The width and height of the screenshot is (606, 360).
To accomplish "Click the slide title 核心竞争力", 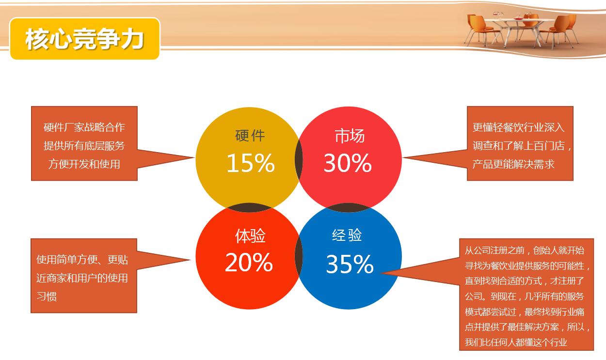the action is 84,39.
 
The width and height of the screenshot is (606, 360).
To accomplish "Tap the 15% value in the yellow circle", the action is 251,163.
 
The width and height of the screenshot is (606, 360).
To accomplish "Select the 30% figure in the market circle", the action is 348,163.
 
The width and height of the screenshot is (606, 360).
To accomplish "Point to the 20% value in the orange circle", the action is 249,262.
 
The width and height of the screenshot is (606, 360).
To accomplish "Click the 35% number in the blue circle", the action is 350,264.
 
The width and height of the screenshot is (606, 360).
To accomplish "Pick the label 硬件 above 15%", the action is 250,136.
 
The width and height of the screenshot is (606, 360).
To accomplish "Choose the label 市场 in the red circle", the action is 350,136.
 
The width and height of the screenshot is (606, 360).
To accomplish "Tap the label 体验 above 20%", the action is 250,236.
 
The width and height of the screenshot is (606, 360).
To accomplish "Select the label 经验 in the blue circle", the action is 347,235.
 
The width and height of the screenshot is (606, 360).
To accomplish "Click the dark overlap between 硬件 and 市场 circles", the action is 299,159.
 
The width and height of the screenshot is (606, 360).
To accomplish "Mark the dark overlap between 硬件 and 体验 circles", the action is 250,208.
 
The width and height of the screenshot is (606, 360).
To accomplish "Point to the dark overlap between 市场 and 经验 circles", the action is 349,208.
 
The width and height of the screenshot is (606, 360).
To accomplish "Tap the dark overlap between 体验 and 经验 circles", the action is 299,256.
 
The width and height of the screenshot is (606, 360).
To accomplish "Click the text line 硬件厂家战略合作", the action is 84,127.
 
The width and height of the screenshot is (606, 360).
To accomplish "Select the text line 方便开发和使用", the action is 84,164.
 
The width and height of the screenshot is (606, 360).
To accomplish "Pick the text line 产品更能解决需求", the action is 513,164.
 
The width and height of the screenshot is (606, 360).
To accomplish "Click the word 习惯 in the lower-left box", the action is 47,296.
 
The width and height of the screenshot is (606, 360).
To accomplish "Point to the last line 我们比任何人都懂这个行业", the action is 516,343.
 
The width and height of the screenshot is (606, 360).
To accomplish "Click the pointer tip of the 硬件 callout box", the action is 194,157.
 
